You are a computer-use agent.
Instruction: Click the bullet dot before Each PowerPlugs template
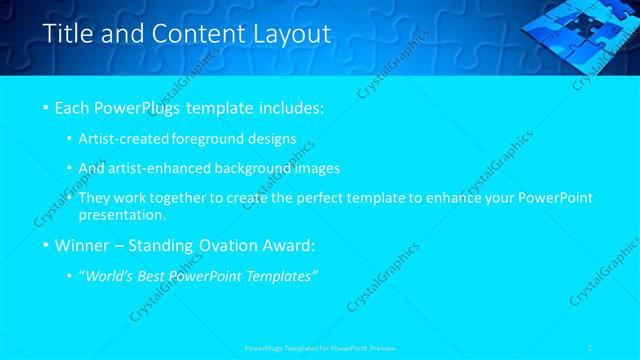tap(46, 107)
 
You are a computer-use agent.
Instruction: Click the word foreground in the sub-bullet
tap(229, 138)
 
